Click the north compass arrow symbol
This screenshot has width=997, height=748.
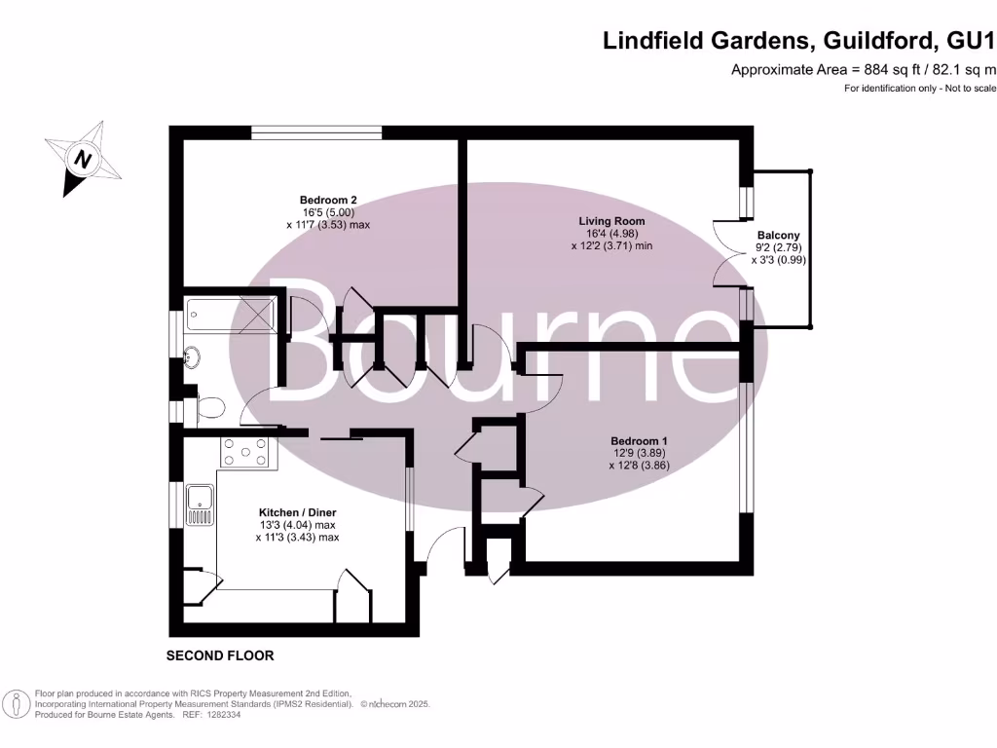(84, 159)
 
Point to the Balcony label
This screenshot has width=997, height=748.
(778, 235)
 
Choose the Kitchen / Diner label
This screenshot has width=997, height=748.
(297, 511)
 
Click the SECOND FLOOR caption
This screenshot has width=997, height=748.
(220, 655)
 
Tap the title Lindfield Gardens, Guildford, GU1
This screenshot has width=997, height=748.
(799, 40)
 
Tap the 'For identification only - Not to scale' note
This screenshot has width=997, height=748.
(919, 89)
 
